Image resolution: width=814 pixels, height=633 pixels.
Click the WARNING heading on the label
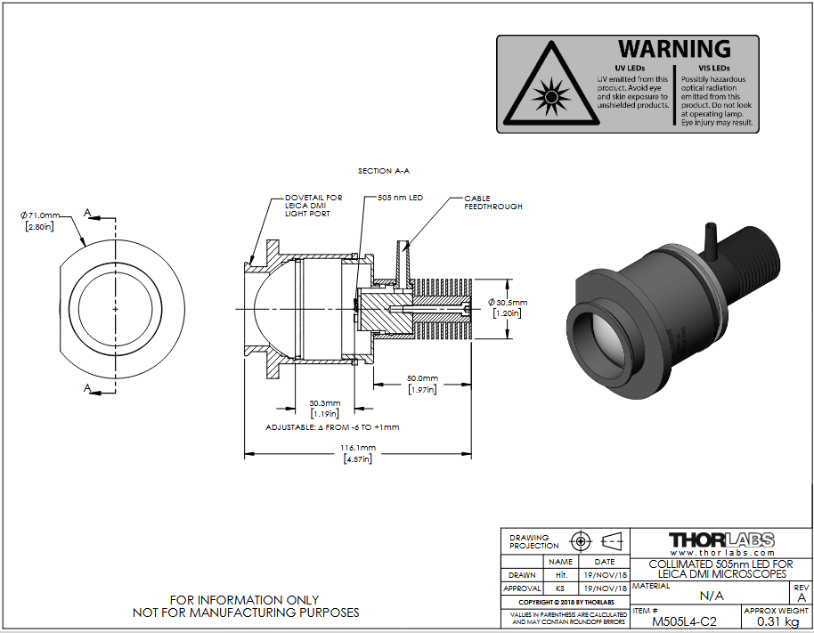[x=674, y=49]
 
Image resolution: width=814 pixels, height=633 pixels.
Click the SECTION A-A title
[x=384, y=171]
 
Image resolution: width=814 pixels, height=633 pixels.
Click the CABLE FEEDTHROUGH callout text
[x=493, y=202]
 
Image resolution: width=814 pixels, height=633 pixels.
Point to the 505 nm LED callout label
[x=400, y=198]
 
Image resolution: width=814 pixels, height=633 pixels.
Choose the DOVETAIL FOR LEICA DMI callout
[x=313, y=206]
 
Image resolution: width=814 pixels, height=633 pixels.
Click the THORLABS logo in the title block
[x=721, y=543]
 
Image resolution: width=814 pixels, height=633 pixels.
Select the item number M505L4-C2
[x=684, y=621]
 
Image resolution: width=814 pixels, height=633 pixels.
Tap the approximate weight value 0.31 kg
[x=777, y=621]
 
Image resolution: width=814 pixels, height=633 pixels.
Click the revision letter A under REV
[x=802, y=597]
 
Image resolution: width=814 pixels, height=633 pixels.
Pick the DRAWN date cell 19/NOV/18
[x=605, y=575]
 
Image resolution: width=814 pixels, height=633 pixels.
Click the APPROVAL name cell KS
[x=560, y=588]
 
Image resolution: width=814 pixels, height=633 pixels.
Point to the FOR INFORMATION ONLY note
[x=245, y=600]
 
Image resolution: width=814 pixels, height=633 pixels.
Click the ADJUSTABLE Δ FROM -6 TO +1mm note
[x=332, y=427]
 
